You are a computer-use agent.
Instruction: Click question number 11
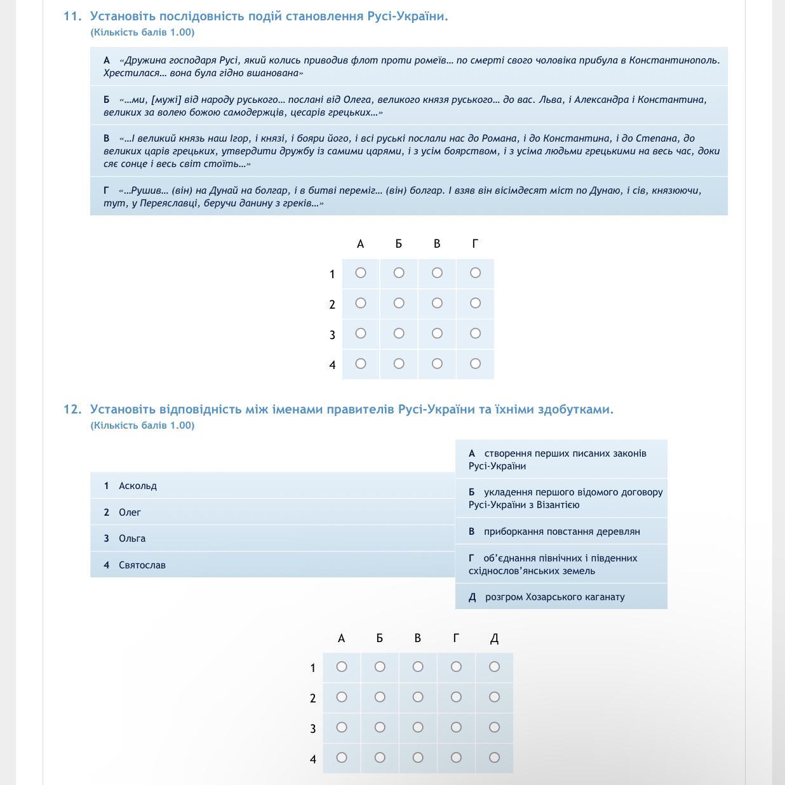72,17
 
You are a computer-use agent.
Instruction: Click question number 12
72,410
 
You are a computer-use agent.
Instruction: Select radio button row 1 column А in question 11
361,272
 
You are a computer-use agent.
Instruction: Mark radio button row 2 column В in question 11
437,303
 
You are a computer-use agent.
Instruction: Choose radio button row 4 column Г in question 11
475,363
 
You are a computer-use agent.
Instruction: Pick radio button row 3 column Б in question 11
399,333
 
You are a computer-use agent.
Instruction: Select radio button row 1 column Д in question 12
494,666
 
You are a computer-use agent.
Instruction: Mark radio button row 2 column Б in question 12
380,697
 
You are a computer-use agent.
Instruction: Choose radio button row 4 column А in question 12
342,757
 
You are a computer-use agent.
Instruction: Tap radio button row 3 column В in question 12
418,727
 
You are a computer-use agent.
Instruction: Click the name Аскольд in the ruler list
138,486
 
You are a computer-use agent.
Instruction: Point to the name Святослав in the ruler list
142,565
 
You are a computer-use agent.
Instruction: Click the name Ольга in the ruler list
132,539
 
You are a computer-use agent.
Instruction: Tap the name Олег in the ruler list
130,513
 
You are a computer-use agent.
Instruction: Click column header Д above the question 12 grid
494,638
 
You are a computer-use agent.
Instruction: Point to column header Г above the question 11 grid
475,244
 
